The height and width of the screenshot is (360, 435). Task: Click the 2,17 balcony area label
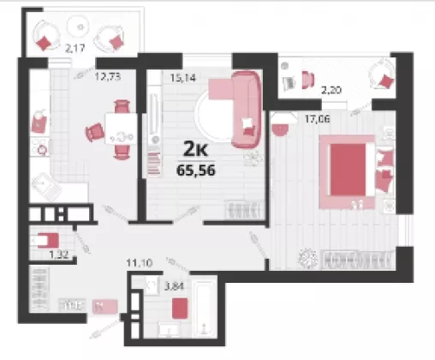click(x=74, y=48)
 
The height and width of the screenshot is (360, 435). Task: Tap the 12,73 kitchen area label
click(x=108, y=76)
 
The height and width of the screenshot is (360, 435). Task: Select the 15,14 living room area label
click(x=183, y=77)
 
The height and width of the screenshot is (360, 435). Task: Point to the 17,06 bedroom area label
click(x=317, y=118)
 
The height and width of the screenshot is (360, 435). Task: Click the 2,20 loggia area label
click(x=331, y=90)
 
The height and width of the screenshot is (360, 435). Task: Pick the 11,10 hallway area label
click(x=140, y=262)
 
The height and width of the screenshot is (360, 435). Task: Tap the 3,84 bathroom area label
click(x=174, y=285)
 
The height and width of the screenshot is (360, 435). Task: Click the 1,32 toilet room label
click(x=59, y=255)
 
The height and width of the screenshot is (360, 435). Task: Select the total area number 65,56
click(x=196, y=171)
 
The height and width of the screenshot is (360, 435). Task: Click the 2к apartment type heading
click(x=195, y=149)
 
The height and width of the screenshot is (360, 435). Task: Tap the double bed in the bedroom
click(x=348, y=171)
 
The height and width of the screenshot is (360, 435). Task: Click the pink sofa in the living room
click(x=247, y=110)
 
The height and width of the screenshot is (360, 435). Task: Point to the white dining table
click(x=122, y=129)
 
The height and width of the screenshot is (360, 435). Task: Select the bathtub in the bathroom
click(x=203, y=309)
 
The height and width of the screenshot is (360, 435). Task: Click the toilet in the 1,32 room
click(x=48, y=241)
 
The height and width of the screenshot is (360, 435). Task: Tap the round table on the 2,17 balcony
click(x=80, y=27)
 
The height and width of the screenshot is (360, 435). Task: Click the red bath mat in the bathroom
click(x=180, y=309)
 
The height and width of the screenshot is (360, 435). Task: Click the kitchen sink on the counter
click(x=46, y=187)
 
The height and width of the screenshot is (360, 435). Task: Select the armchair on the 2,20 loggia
click(x=383, y=75)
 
